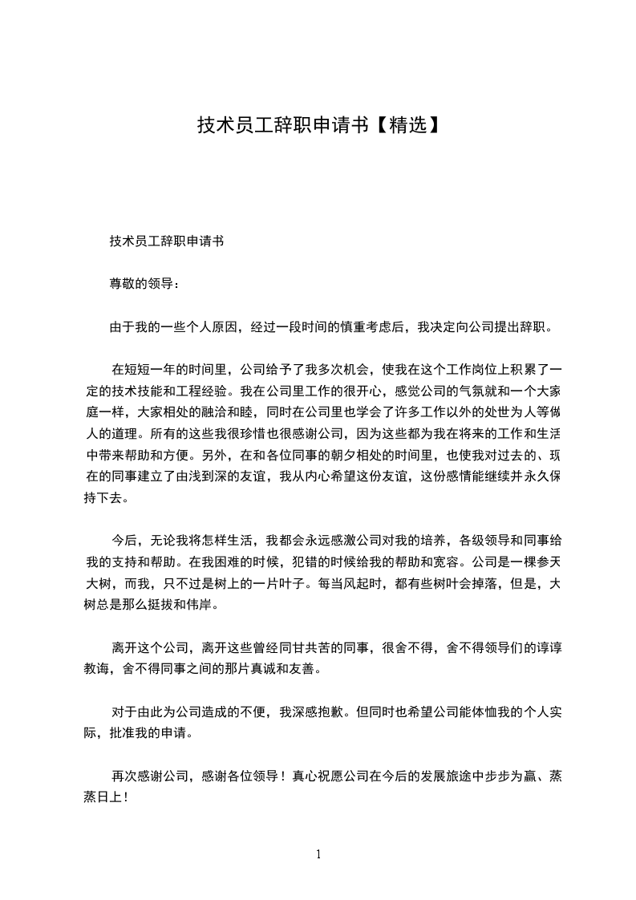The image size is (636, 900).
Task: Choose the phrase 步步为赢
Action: click(x=498, y=776)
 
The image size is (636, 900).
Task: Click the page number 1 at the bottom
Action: click(x=318, y=854)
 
